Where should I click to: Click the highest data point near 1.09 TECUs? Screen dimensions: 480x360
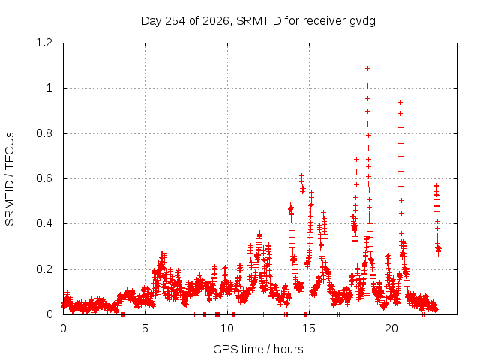[x=368, y=68]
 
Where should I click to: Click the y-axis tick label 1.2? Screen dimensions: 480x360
[x=44, y=43]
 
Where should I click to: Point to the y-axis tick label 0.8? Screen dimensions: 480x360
[x=44, y=133]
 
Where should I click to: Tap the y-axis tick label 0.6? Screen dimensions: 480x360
[x=44, y=178]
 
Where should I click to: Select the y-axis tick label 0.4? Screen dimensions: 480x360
[x=44, y=223]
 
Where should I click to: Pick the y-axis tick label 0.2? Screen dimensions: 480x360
[x=44, y=269]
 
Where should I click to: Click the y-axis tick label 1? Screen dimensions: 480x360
[x=49, y=88]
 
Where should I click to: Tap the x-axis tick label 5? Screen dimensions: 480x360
[x=145, y=328]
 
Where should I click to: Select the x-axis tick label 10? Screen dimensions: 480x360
[x=227, y=328]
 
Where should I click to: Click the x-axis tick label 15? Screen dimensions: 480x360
[x=309, y=328]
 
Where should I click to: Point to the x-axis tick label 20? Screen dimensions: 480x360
[x=391, y=328]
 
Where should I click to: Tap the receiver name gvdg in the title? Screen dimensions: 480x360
[x=362, y=22]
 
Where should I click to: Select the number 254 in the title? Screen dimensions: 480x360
[x=175, y=21]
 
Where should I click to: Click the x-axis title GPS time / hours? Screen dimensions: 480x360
[x=258, y=349]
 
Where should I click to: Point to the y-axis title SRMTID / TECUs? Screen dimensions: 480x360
[x=10, y=179]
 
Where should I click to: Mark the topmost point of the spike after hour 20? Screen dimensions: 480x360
[x=400, y=102]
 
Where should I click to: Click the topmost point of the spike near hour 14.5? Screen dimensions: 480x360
[x=301, y=175]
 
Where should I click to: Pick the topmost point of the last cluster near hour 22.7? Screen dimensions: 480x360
[x=436, y=185]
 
